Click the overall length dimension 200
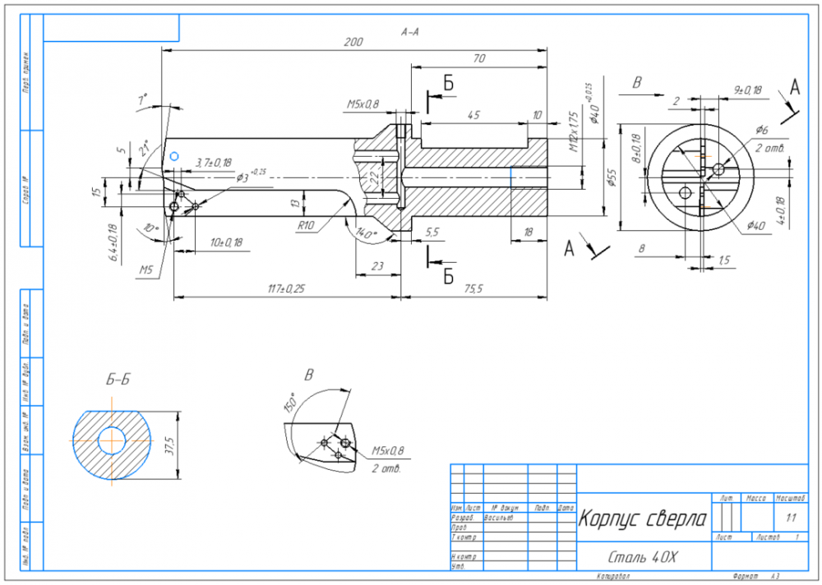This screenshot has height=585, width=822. tap(353, 42)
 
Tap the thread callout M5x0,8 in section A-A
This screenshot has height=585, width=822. tap(363, 104)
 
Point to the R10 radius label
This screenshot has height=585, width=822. tap(306, 224)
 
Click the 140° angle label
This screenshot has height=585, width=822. tap(367, 234)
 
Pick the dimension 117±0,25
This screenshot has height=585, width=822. tap(286, 288)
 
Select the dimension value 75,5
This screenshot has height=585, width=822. tap(474, 288)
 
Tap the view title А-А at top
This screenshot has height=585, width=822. tap(409, 32)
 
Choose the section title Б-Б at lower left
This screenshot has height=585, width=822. tap(118, 379)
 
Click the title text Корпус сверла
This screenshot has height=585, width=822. tap(642, 519)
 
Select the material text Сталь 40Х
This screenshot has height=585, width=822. tap(640, 558)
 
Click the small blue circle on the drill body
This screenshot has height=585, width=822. tap(173, 155)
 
